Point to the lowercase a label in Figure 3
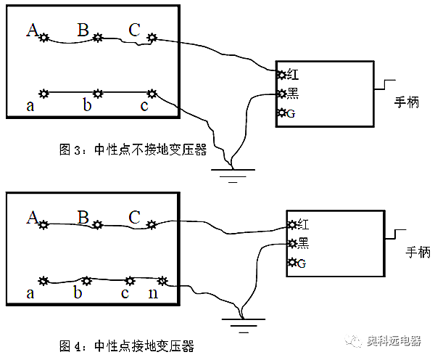pyautogui.click(x=30, y=107)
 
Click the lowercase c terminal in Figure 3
pyautogui.click(x=152, y=94)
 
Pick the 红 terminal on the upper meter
pyautogui.click(x=282, y=73)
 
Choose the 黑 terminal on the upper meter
pyautogui.click(x=282, y=93)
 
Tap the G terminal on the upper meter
pyautogui.click(x=282, y=113)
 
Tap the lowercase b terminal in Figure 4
pyautogui.click(x=87, y=281)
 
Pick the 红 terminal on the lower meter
pyautogui.click(x=292, y=224)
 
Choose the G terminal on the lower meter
pyautogui.click(x=292, y=263)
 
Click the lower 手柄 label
pyautogui.click(x=418, y=253)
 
